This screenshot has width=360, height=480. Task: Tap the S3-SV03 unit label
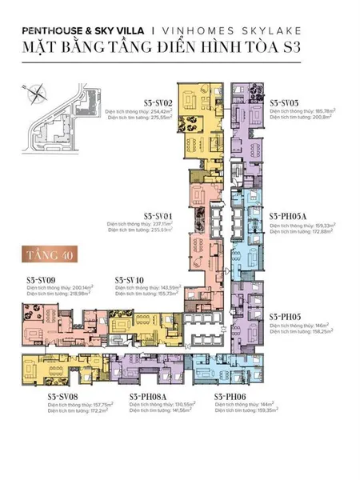tap(284, 103)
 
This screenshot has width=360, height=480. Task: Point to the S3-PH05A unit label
tap(287, 215)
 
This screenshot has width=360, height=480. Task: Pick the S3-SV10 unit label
tap(130, 279)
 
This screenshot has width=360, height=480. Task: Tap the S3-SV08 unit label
tap(62, 395)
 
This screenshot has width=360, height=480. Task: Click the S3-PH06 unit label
tap(230, 395)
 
